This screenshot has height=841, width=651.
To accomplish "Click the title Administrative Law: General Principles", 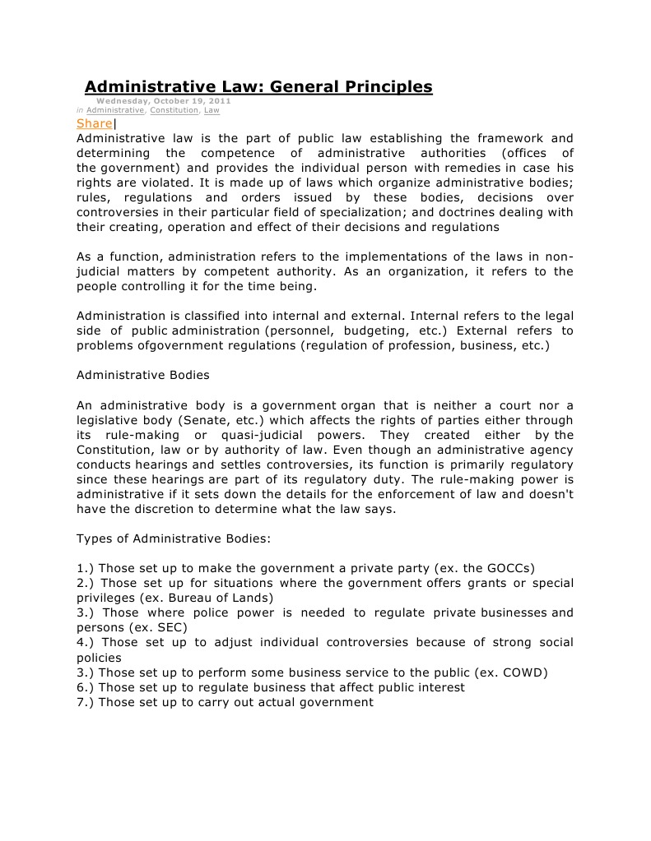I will pos(258,86).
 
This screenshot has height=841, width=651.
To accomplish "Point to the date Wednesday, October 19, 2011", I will pos(164,101).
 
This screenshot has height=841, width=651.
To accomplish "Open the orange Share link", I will pos(94,123).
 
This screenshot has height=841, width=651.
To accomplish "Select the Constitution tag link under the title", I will pos(174,110).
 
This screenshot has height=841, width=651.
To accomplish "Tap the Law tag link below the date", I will pos(212,110).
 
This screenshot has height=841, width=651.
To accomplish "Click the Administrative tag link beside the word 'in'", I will pos(115,110).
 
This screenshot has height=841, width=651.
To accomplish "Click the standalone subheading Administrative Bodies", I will pos(142,375).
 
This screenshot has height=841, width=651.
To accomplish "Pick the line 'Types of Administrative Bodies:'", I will pos(173,538).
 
